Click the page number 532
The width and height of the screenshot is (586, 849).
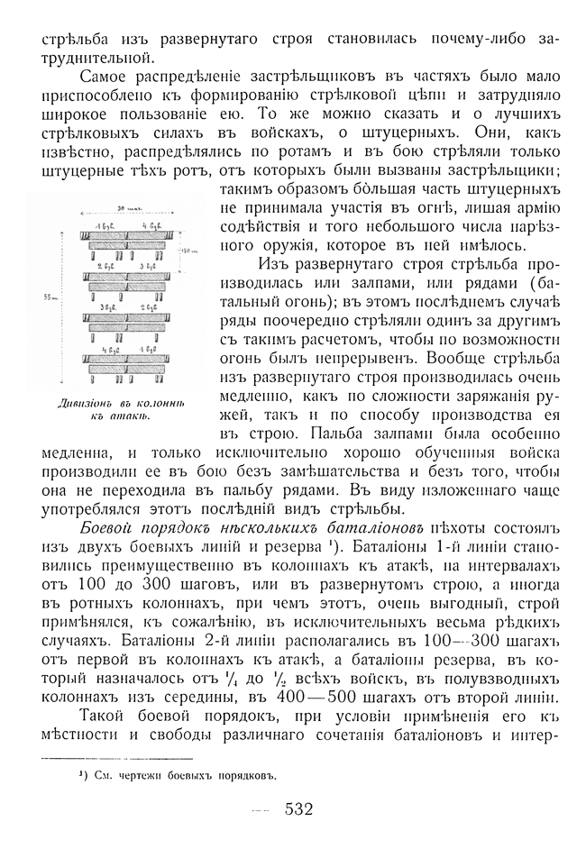pyautogui.click(x=298, y=808)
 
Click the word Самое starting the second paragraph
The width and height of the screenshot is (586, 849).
pyautogui.click(x=107, y=81)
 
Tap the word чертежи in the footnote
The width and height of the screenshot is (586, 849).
pyautogui.click(x=142, y=773)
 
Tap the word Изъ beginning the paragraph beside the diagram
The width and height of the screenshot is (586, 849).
pyautogui.click(x=279, y=263)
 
